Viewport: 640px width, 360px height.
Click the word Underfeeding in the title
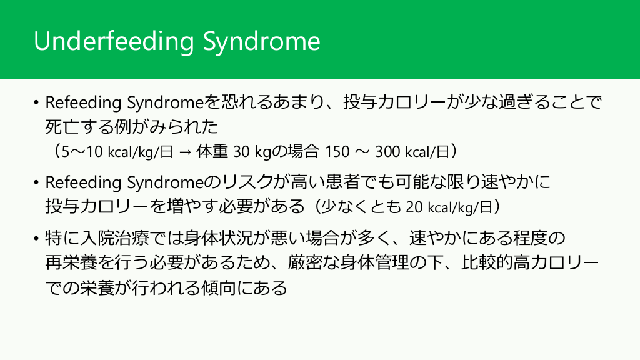pyautogui.click(x=114, y=41)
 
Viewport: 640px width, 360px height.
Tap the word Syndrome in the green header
pyautogui.click(x=262, y=41)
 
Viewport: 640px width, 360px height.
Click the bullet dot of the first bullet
pyautogui.click(x=36, y=102)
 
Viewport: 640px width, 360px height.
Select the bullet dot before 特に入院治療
pyautogui.click(x=36, y=238)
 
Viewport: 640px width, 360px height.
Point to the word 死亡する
pyautogui.click(x=79, y=126)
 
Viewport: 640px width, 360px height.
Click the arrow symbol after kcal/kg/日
pyautogui.click(x=185, y=152)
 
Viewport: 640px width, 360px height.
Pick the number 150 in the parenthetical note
pyautogui.click(x=337, y=151)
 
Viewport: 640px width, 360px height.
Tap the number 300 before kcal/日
pyautogui.click(x=387, y=151)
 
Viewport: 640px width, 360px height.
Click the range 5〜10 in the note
pyautogui.click(x=82, y=151)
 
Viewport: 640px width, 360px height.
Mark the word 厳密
pyautogui.click(x=304, y=262)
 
